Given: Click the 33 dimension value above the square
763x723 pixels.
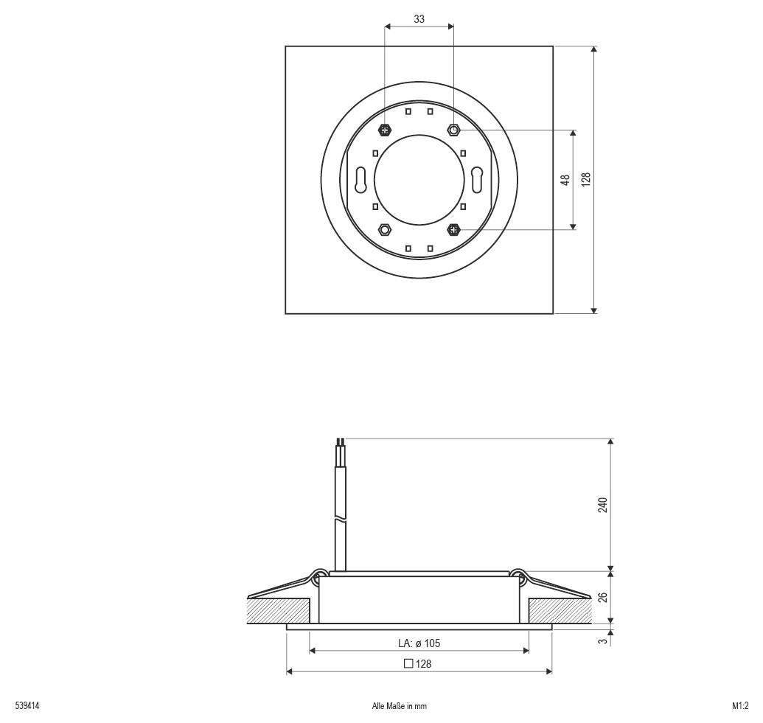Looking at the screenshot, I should pos(419,20).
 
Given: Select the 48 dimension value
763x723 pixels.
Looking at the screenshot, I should pos(565,180).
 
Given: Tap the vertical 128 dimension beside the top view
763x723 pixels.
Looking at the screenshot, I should pos(586,180).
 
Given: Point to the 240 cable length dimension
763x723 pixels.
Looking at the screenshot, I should pos(602,505).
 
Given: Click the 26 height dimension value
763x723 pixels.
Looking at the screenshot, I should pos(602,597).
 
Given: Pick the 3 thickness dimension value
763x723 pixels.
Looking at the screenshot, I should pos(602,642).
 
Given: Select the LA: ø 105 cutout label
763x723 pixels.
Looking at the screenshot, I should pos(419,643).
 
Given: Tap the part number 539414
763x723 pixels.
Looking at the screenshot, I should pos(27,706).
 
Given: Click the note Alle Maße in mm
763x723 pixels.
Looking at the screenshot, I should pos(400,706).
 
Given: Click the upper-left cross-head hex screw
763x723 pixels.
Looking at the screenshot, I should pos(385,130).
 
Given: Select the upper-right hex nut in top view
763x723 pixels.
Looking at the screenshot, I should pos(453,130).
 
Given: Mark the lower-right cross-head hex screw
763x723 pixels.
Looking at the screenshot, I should pos(453,229).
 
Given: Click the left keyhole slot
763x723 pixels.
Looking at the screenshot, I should pos(360,179).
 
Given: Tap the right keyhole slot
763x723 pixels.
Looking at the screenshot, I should pos(477,179).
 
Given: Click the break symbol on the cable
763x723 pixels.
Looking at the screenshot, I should pos(339,520).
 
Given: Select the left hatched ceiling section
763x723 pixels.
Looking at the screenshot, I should pos(278,610).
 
